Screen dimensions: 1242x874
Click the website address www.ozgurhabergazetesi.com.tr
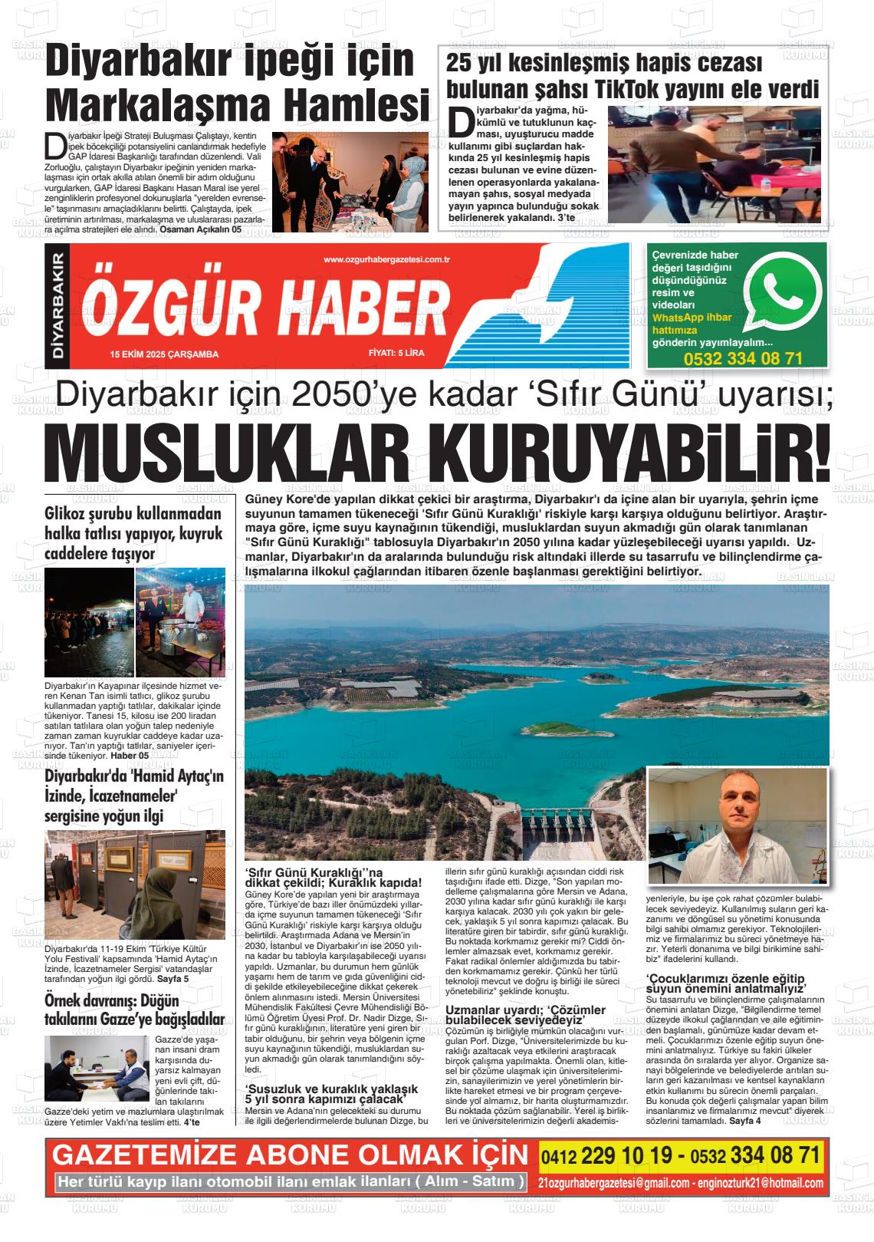coord(386,260)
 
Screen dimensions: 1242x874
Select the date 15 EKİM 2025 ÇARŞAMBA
coord(164,354)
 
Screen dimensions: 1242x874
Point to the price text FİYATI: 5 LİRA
coord(396,354)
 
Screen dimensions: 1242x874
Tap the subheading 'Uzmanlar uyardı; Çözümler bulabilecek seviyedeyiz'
coord(526,1015)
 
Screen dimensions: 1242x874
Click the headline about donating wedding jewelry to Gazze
coord(135,1010)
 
